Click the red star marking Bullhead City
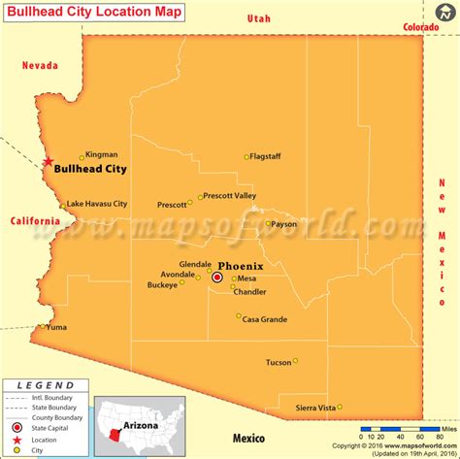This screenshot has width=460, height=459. (46, 163)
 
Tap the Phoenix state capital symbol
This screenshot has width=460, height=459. (217, 278)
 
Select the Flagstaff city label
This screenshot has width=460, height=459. (266, 156)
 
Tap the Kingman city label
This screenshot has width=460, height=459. (102, 154)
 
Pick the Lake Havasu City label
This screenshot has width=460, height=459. (97, 204)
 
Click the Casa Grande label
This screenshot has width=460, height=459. (264, 318)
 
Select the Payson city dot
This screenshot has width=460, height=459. (269, 224)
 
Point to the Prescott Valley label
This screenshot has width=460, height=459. (231, 196)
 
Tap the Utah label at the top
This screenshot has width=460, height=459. (259, 18)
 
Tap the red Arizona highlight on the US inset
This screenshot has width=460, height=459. (119, 428)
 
